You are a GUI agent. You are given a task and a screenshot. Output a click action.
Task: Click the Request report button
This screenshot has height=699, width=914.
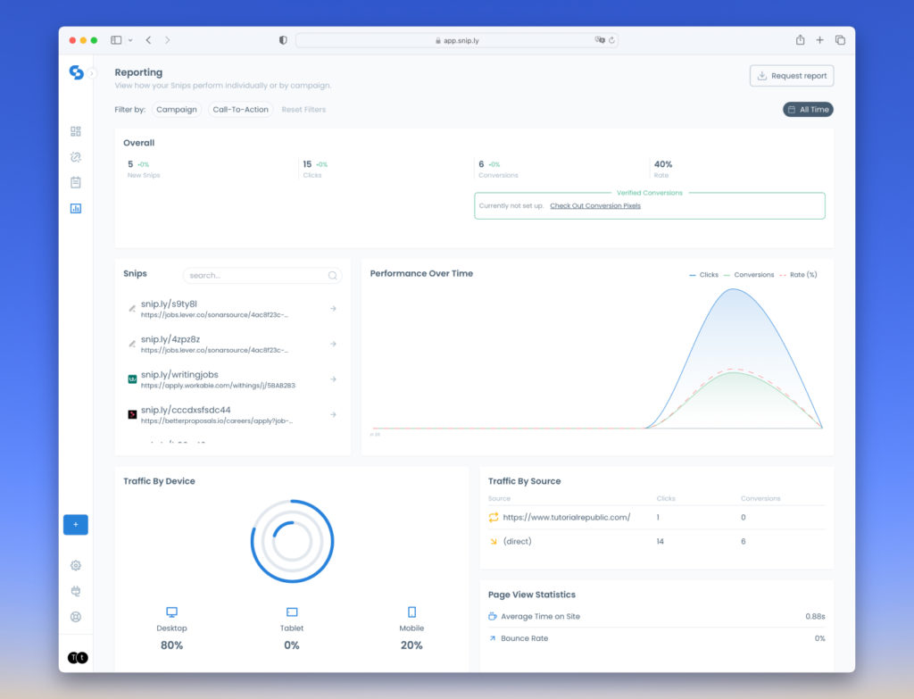(792, 76)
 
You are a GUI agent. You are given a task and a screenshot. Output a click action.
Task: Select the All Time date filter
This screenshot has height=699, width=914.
(808, 110)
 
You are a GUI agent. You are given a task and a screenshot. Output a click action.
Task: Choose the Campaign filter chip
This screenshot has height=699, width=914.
(176, 110)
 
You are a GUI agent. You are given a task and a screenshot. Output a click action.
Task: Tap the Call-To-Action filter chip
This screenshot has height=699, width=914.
(240, 110)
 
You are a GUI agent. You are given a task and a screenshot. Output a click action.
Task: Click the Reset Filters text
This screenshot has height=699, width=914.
(303, 110)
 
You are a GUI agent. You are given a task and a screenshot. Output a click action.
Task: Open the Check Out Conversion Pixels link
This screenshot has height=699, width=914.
(594, 206)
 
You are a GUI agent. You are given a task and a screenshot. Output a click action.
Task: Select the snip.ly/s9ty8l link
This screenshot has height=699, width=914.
(169, 304)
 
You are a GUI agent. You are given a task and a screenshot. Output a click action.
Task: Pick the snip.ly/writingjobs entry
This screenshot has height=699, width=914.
(179, 375)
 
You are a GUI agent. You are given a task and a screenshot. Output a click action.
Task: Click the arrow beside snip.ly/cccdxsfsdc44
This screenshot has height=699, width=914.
(333, 414)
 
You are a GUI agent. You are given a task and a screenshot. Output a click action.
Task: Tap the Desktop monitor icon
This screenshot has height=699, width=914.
(172, 612)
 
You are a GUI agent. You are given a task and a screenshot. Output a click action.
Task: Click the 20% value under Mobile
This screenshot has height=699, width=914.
(411, 645)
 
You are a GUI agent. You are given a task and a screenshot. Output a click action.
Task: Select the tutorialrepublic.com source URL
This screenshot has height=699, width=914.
(566, 517)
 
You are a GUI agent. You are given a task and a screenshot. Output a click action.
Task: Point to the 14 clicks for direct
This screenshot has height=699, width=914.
(661, 542)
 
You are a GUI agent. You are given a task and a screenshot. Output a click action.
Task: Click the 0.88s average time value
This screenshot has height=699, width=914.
(815, 616)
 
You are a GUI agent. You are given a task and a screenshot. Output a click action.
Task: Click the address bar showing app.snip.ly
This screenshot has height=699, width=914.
(456, 40)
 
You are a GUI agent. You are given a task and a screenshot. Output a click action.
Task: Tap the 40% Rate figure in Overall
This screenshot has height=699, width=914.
(663, 164)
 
